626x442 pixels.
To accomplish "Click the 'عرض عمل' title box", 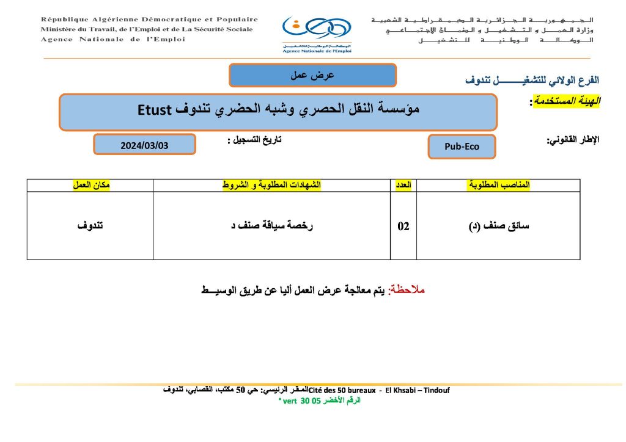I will click(x=312, y=75).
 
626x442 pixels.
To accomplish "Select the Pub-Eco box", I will click(x=462, y=147).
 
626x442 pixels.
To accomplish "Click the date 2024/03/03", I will click(x=144, y=145).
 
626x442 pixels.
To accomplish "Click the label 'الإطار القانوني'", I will click(x=573, y=140).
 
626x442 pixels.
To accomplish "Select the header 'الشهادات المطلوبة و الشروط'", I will click(x=271, y=185).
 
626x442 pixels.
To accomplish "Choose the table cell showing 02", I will click(x=403, y=226).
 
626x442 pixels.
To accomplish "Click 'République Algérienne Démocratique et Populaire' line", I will click(x=149, y=20).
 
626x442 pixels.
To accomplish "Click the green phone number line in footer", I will click(x=319, y=400).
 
